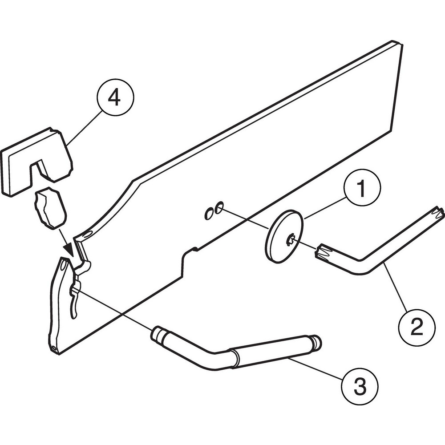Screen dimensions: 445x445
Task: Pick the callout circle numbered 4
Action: [114, 98]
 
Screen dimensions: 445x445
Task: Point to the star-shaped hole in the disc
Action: [291, 241]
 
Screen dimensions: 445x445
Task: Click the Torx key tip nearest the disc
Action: [324, 253]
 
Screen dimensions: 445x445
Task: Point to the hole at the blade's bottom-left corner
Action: [53, 347]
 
